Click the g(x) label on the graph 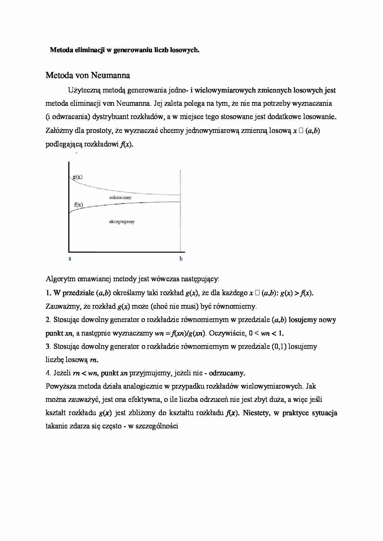click(78, 177)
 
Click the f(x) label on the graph click(78, 204)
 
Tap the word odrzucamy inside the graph click(120, 197)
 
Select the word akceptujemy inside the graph click(122, 221)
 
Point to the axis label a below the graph click(70, 258)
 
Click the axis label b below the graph click(181, 259)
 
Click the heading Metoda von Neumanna click(88, 75)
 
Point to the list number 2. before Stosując click(48, 320)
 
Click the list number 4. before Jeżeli click(48, 373)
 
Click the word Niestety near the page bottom click(256, 413)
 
